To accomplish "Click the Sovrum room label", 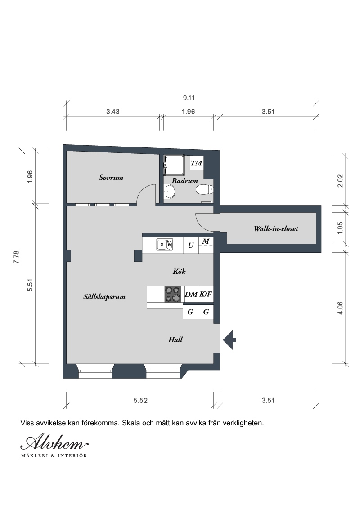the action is point(111,178).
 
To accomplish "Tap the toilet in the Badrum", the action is point(205,189).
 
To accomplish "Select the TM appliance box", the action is point(197,163).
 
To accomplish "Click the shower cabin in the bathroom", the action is point(174,165).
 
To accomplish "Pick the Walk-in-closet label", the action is point(276,228).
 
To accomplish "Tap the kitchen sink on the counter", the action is point(164,245).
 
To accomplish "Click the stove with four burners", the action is point(173,294).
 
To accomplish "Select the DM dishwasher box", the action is point(191,295).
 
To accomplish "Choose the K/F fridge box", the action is point(206,295).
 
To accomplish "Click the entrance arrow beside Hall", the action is point(229,340).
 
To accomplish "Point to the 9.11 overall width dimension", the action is point(189,98).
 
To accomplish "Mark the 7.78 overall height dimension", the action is point(17,257).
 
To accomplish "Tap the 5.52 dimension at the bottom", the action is point(140,401).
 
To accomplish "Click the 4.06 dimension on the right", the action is point(340,308).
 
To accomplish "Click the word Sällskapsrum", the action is point(104,297).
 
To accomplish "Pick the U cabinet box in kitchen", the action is point(191,246).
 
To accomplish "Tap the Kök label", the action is point(179,272).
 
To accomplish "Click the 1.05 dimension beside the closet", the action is point(340,228).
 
